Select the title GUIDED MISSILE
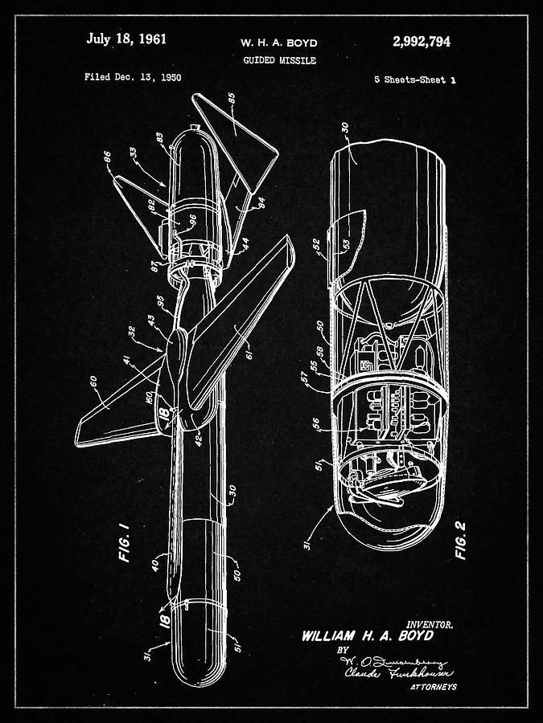278,60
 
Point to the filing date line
133,78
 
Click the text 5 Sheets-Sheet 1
413,80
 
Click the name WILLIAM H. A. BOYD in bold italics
367,636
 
